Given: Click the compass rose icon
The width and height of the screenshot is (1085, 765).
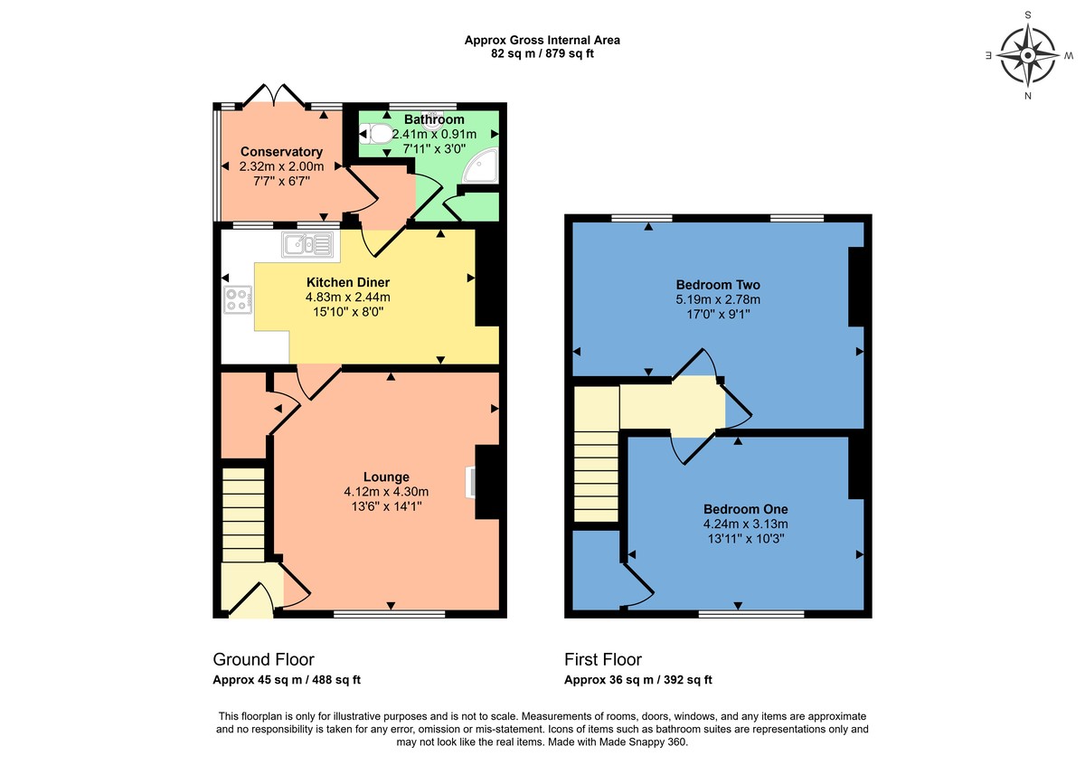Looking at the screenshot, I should point(1028,54).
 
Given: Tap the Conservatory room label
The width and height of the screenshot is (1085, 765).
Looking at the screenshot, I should point(281,152).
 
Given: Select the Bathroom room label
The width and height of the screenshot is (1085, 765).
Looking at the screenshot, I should point(434,119).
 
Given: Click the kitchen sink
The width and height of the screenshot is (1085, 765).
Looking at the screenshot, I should point(308,243).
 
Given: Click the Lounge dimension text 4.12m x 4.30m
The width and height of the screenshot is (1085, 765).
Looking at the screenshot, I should point(386,492).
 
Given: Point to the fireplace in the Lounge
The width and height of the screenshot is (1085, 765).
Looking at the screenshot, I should point(471,481).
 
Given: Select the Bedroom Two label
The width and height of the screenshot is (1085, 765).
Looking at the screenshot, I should point(718,285).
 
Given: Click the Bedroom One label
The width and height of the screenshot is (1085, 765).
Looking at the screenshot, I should point(745,508).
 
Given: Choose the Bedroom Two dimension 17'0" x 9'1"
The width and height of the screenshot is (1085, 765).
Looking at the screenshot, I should point(718,315).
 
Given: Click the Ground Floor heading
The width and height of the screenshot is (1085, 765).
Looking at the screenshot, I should point(263,659).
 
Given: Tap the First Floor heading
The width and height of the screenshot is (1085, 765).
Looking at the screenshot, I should point(603,659).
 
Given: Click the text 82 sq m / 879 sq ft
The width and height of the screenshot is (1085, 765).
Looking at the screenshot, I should point(542,53).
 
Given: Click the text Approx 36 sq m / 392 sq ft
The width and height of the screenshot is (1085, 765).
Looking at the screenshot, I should point(637,680).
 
